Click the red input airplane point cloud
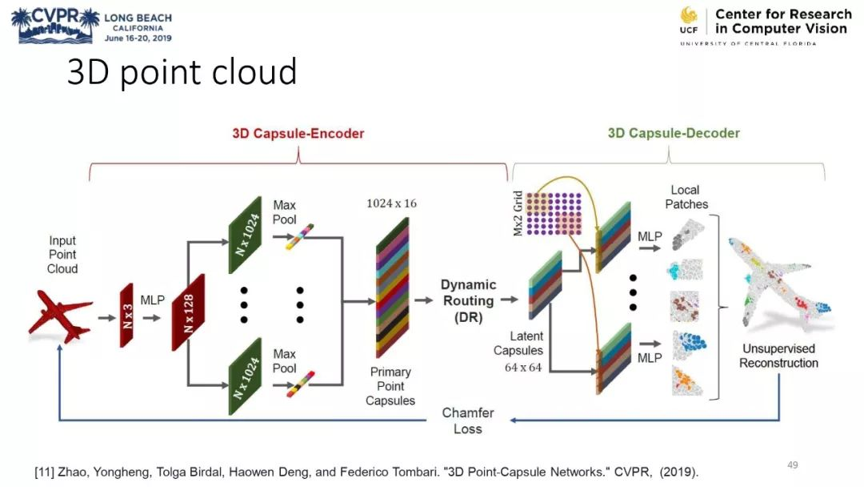pos(59,316)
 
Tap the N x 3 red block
pos(127,314)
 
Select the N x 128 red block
pos(189,312)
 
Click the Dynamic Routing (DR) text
pos(468,300)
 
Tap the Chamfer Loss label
pos(468,421)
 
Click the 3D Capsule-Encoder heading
pos(298,134)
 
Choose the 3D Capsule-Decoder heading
pos(674,134)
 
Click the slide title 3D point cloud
pos(182,72)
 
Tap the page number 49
pos(793,465)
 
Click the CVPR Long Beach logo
pos(91,25)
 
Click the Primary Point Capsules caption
pos(390,386)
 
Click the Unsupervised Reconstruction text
pos(778,356)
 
